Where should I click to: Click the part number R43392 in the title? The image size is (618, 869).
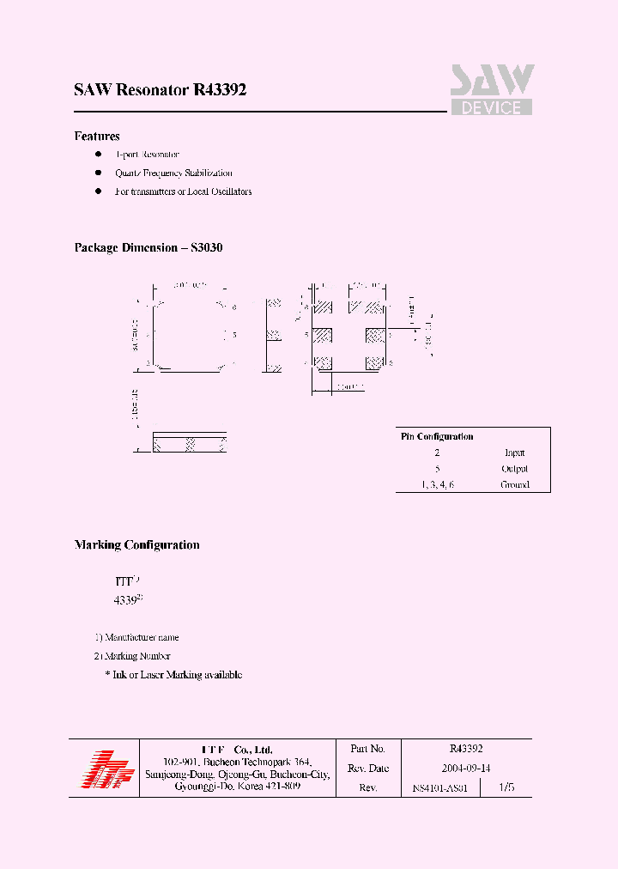pyautogui.click(x=221, y=90)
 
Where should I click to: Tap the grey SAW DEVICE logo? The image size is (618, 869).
pyautogui.click(x=492, y=90)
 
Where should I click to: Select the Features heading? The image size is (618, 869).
pyautogui.click(x=97, y=137)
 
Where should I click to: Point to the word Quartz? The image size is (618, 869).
pyautogui.click(x=129, y=173)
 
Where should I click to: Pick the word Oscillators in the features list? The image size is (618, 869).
pyautogui.click(x=231, y=191)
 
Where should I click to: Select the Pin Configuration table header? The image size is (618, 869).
pyautogui.click(x=437, y=436)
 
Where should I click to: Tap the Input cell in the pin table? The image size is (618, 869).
pyautogui.click(x=514, y=453)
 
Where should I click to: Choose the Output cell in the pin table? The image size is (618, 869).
pyautogui.click(x=514, y=469)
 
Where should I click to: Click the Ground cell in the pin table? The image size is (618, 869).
pyautogui.click(x=515, y=485)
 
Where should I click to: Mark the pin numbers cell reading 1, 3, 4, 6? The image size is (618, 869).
pyautogui.click(x=437, y=485)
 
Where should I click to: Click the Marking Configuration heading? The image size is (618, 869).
pyautogui.click(x=136, y=545)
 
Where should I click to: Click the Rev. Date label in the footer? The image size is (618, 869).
pyautogui.click(x=369, y=769)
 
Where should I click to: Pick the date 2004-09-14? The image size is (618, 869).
pyautogui.click(x=466, y=769)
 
